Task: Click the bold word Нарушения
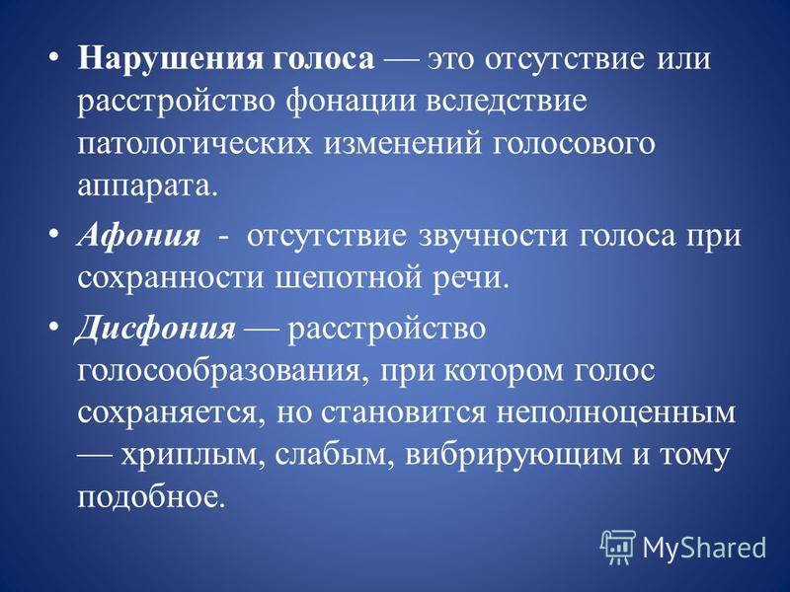point(171,60)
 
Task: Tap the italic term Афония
point(138,235)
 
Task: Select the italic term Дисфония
point(155,330)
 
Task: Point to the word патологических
point(194,144)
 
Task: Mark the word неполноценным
point(616,412)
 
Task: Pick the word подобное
point(149,496)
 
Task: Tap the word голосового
point(573,144)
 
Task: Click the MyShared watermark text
point(704,547)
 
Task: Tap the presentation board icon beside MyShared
point(618,547)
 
